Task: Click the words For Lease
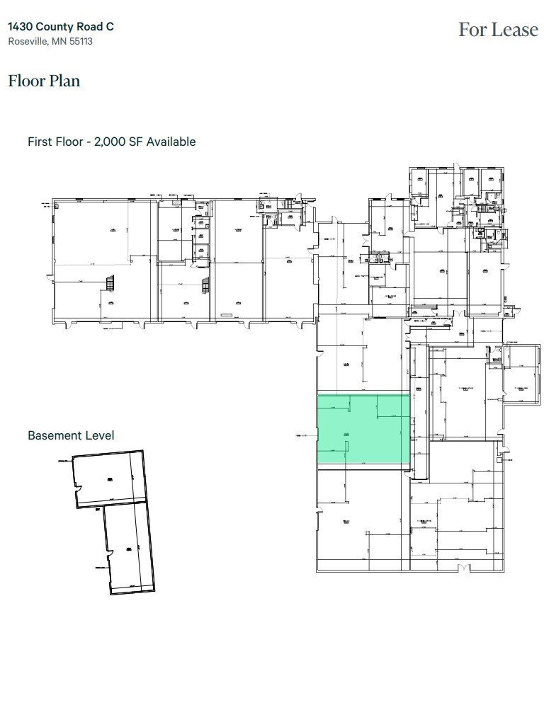[x=498, y=30]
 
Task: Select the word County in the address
[x=57, y=26]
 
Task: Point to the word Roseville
[x=28, y=41]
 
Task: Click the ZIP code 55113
[x=81, y=41]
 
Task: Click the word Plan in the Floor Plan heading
[x=64, y=81]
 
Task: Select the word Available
[x=170, y=142]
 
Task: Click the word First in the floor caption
[x=39, y=142]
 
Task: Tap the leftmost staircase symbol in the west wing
[x=109, y=284]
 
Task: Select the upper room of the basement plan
[x=110, y=478]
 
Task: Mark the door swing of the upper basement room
[x=80, y=490]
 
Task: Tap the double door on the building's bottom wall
[x=463, y=568]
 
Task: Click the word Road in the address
[x=91, y=26]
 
